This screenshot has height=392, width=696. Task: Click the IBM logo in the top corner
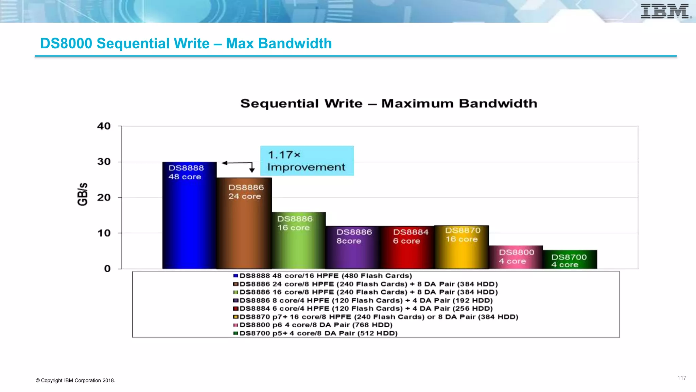pyautogui.click(x=665, y=11)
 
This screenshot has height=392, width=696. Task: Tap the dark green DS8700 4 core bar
pyautogui.click(x=570, y=260)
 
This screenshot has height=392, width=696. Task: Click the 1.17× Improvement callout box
pyautogui.click(x=307, y=161)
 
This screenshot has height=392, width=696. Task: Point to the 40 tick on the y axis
pyautogui.click(x=104, y=126)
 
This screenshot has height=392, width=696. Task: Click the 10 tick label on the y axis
pyautogui.click(x=104, y=233)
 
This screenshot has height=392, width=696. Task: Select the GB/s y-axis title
pyautogui.click(x=83, y=194)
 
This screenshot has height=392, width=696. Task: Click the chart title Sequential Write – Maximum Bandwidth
pyautogui.click(x=388, y=103)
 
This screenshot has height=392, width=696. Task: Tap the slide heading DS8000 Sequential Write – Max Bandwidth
pyautogui.click(x=186, y=44)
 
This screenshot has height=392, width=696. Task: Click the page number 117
pyautogui.click(x=682, y=378)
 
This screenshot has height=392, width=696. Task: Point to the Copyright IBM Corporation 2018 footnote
pyautogui.click(x=75, y=380)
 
